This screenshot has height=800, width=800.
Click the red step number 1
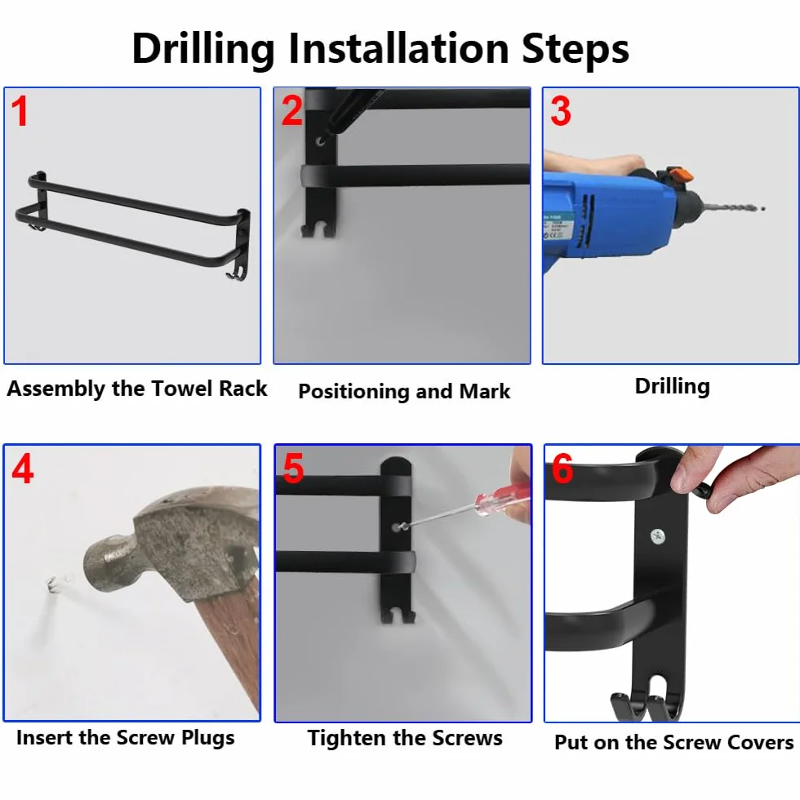pos(20,111)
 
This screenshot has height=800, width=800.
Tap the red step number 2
pos(292,111)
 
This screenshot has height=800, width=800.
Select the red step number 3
pos(561,111)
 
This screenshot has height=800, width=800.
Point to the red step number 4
pos(23,469)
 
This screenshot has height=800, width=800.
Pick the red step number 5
pos(293,469)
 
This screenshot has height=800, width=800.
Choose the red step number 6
pos(562,469)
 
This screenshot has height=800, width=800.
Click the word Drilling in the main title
pos(203,50)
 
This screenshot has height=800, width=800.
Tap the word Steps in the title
pos(575,50)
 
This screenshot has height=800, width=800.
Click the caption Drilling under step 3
pos(673,387)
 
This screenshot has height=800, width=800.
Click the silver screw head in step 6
pos(658,536)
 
